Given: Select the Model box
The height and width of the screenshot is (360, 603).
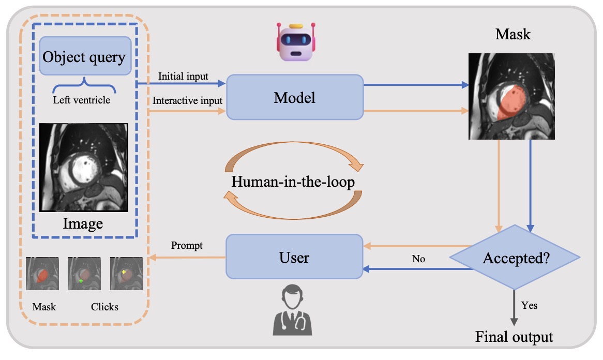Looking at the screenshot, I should pos(295,97).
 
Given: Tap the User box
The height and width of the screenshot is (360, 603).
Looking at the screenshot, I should pos(294,257).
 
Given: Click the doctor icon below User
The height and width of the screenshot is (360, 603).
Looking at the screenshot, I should pos(293,310).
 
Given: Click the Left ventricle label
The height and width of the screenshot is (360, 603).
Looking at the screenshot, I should pos(82,100).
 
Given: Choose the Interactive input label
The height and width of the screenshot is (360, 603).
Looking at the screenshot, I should pos(187,100).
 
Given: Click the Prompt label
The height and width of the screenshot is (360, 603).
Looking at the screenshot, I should pos(187,246).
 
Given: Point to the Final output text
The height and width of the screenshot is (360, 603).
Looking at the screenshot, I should pos(514,337).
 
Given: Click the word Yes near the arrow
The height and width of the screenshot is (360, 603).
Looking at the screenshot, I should pos(530,305).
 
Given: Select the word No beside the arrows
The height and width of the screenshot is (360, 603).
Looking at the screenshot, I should pos(418,259).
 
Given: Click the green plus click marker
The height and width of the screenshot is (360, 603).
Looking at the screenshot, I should pos(81,281).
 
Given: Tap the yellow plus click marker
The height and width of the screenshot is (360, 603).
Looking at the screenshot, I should pos(124,271).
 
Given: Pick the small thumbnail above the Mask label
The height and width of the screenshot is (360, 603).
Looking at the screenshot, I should pos(42,274).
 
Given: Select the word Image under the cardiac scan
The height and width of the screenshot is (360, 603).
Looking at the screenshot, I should pos(83,223).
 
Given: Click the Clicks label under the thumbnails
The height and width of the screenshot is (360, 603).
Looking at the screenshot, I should pos(104,307).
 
